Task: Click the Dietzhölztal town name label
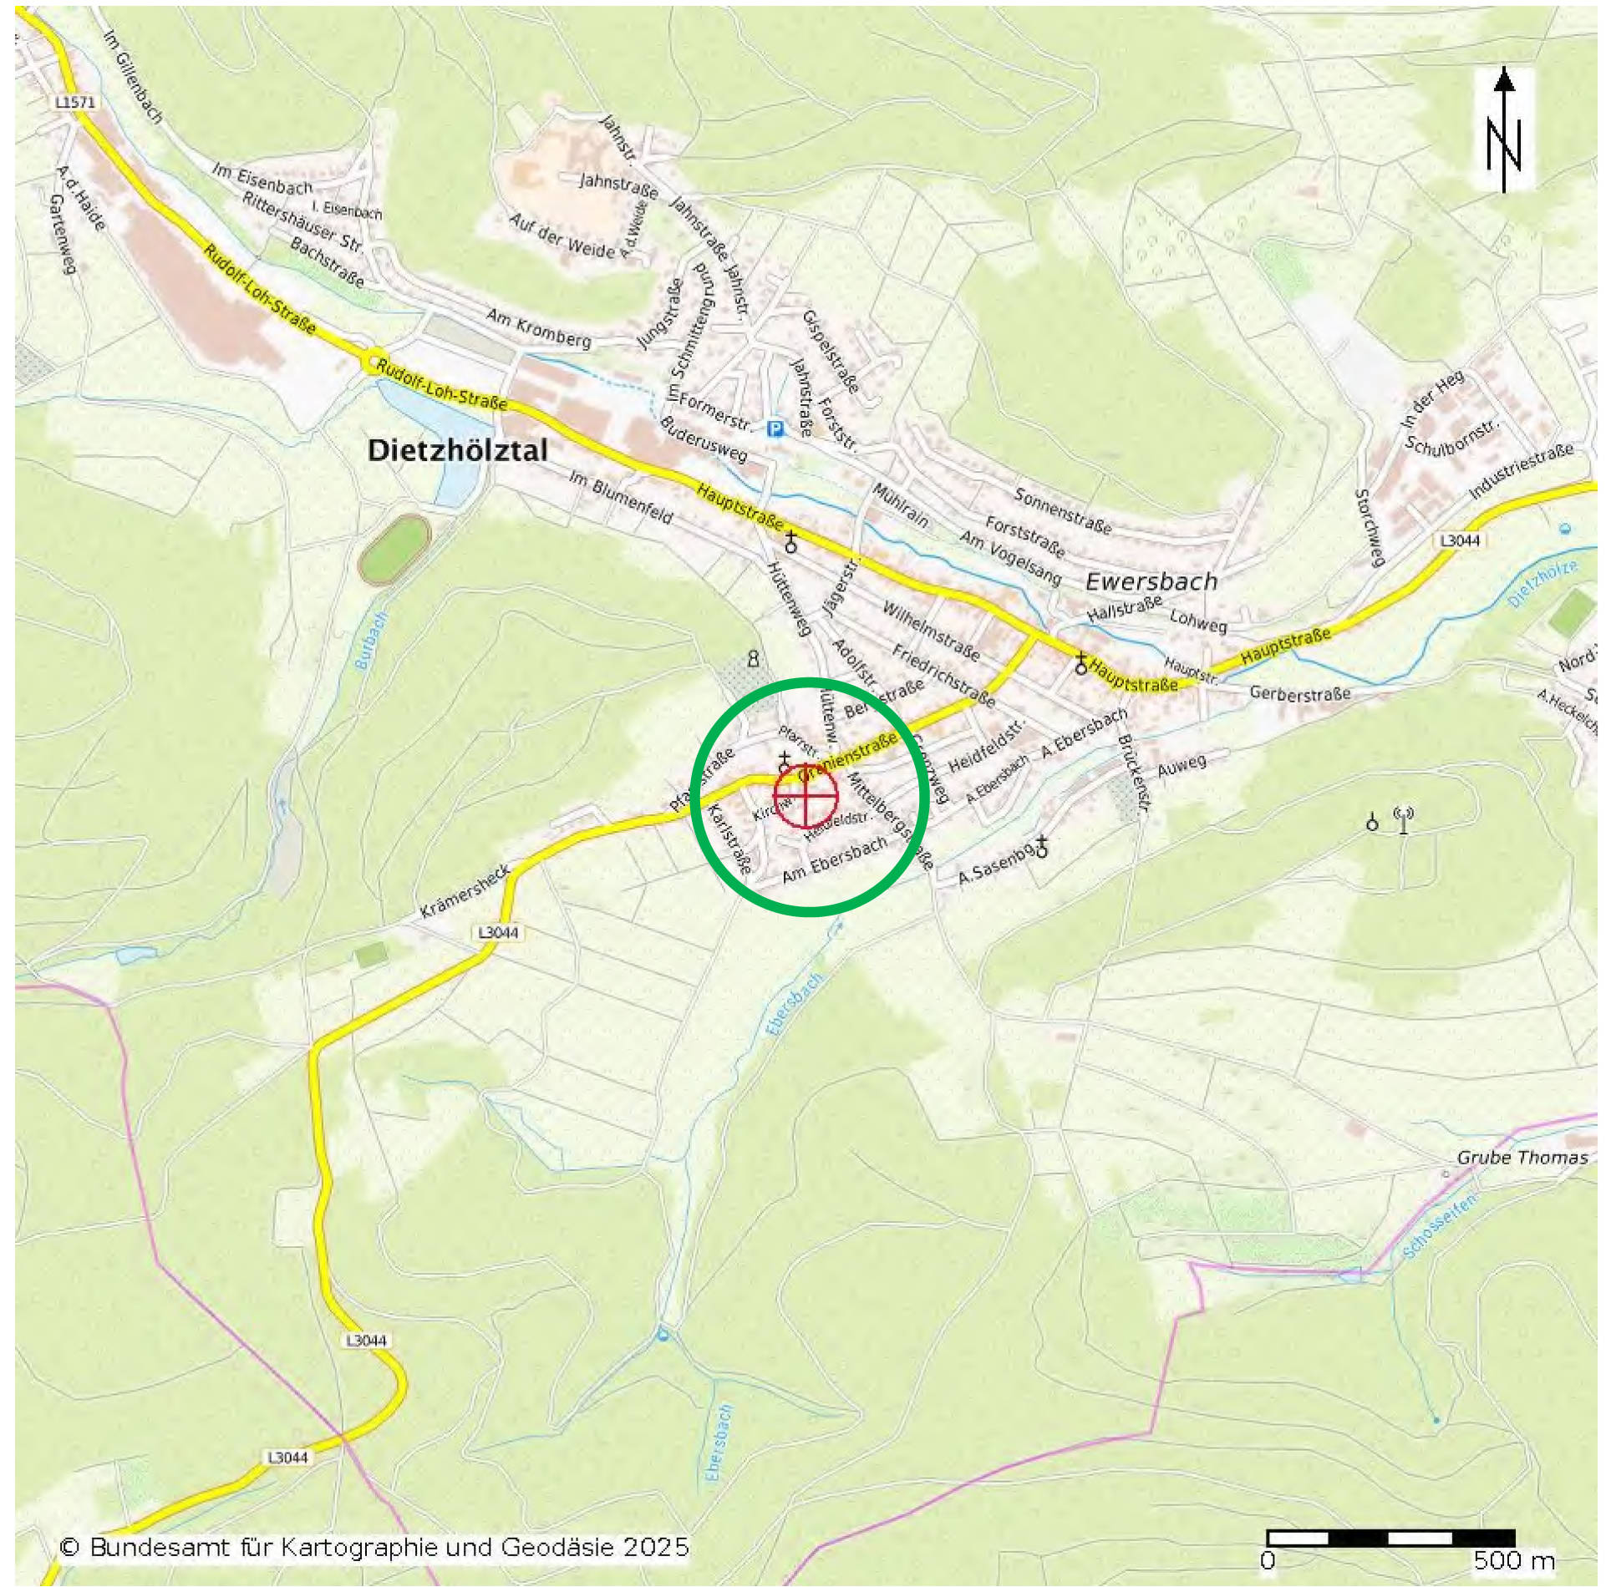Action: coord(458,451)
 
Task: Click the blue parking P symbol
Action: coord(776,428)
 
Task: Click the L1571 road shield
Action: coord(75,103)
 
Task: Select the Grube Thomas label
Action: coord(1522,1158)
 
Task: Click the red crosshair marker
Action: coord(806,795)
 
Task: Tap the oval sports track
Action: coord(394,549)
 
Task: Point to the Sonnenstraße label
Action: coord(1062,510)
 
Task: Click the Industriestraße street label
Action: coord(1521,470)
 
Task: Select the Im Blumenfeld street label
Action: coord(621,497)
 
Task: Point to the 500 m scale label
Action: coord(1513,1560)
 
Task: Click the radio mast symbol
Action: coord(1403,819)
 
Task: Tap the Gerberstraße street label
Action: coord(1299,693)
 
